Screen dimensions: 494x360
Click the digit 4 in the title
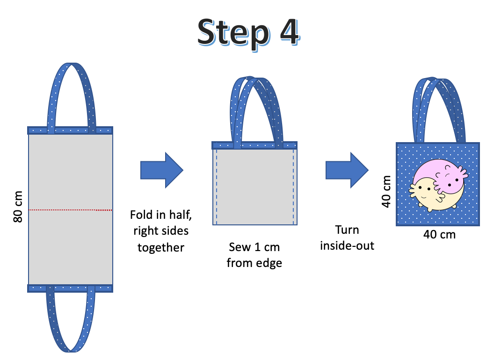click(x=290, y=31)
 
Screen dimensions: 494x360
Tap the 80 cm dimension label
click(x=18, y=207)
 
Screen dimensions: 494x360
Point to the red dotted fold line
click(x=70, y=210)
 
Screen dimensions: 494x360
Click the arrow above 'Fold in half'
click(x=161, y=170)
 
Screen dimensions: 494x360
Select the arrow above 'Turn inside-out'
click(x=347, y=170)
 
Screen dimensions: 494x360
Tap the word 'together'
click(x=161, y=248)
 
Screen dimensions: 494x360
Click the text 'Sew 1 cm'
click(x=254, y=247)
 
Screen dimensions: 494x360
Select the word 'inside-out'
click(x=347, y=245)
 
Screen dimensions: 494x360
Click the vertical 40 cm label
click(x=386, y=192)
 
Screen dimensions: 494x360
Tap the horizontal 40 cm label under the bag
click(x=439, y=235)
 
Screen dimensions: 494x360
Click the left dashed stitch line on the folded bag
click(x=217, y=187)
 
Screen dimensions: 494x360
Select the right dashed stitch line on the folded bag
click(x=293, y=187)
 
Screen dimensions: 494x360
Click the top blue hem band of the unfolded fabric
click(x=70, y=130)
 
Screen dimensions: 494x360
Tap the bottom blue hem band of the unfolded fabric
click(x=70, y=288)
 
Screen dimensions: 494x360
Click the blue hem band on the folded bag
click(x=254, y=145)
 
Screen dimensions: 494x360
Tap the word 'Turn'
click(x=347, y=230)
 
